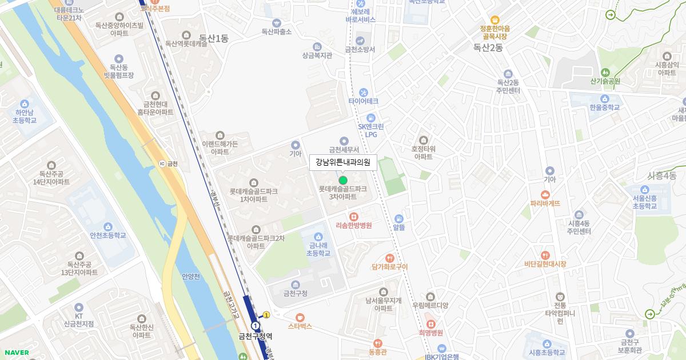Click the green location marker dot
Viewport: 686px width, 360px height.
343,181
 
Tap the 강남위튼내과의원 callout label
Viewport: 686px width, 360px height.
343,162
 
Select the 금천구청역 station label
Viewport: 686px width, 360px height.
256,337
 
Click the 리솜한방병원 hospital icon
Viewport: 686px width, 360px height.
354,217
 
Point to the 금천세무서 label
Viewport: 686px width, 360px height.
344,150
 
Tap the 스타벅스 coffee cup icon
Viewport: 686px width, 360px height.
300,317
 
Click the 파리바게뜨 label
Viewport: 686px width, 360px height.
545,203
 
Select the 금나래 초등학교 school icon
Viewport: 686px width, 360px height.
318,237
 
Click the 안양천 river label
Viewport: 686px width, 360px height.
191,277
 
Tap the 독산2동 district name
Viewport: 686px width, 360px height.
488,48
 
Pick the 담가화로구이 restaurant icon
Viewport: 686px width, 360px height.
390,258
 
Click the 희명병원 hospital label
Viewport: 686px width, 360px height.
431,333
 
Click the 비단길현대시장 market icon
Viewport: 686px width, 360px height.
545,255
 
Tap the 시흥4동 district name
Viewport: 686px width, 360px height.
662,175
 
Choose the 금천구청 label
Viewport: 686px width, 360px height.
296,293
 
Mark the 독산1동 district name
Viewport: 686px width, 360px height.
214,38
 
